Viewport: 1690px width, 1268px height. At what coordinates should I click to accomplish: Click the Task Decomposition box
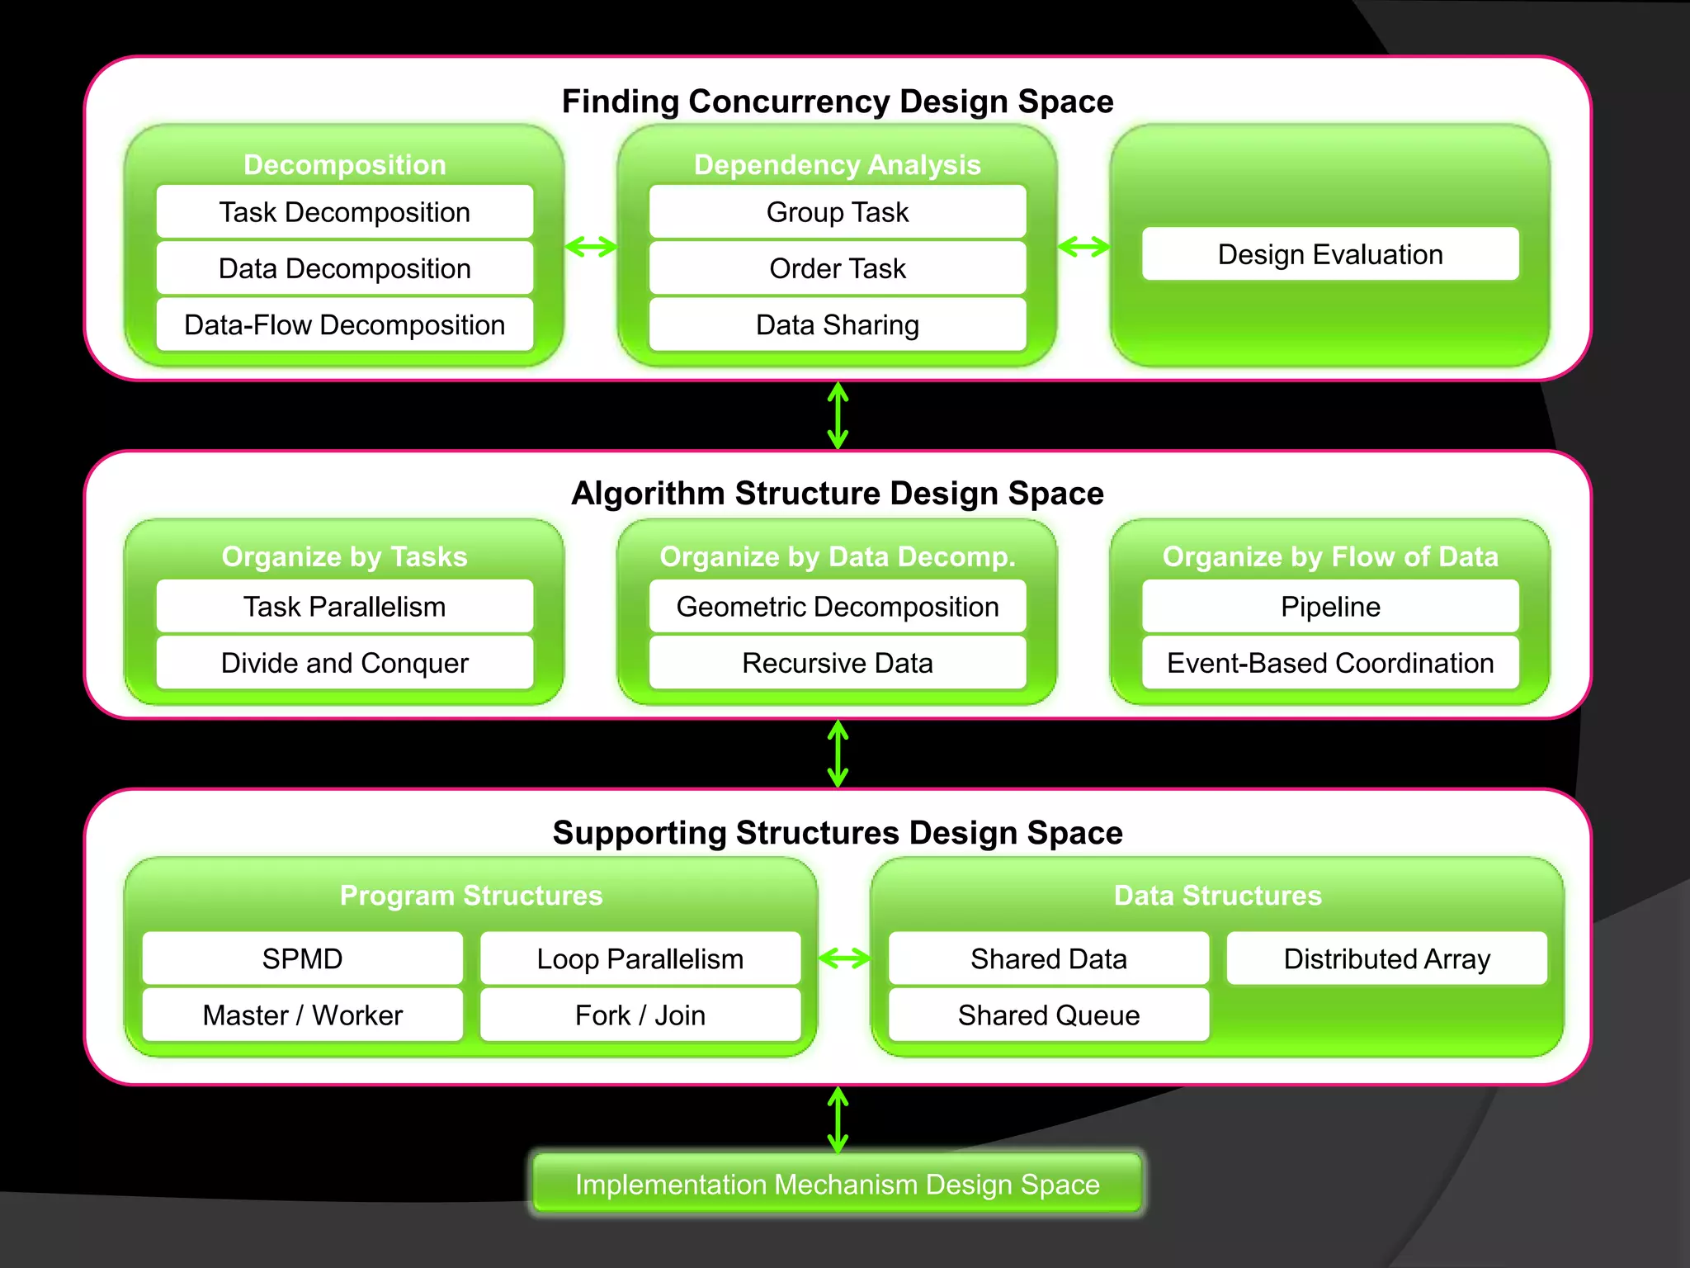(344, 212)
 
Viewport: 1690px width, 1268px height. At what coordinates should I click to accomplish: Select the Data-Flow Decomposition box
(344, 324)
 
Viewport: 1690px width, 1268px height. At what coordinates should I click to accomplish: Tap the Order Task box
(837, 268)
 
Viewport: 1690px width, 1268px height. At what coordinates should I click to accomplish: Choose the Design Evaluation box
(1329, 254)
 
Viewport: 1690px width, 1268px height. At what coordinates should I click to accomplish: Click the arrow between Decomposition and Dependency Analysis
(591, 246)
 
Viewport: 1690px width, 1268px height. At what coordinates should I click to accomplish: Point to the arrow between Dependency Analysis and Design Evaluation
(1083, 246)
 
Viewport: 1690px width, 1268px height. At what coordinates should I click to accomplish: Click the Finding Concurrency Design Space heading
(837, 102)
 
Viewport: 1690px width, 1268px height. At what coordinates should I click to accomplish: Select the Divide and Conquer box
(344, 663)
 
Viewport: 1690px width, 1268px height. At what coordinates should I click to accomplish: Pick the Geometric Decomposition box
(837, 607)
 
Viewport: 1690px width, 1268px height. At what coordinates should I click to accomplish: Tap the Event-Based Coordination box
(1329, 663)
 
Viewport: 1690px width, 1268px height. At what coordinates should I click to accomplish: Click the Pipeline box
(1329, 607)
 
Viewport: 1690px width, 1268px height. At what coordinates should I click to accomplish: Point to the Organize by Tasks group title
(344, 556)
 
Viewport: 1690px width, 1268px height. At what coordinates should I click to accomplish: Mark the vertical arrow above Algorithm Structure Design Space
(838, 415)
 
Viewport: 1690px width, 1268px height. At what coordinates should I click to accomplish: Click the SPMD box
(302, 958)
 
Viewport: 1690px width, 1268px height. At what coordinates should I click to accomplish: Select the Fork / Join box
(640, 1015)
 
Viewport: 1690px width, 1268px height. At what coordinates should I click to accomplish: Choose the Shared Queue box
(1048, 1015)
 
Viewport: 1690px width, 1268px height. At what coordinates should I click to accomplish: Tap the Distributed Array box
(1386, 958)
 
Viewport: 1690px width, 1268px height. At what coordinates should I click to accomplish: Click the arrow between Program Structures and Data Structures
(844, 958)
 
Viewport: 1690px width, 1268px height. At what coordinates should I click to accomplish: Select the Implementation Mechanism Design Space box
(837, 1184)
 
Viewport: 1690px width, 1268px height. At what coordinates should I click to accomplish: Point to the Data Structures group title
(1217, 896)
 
